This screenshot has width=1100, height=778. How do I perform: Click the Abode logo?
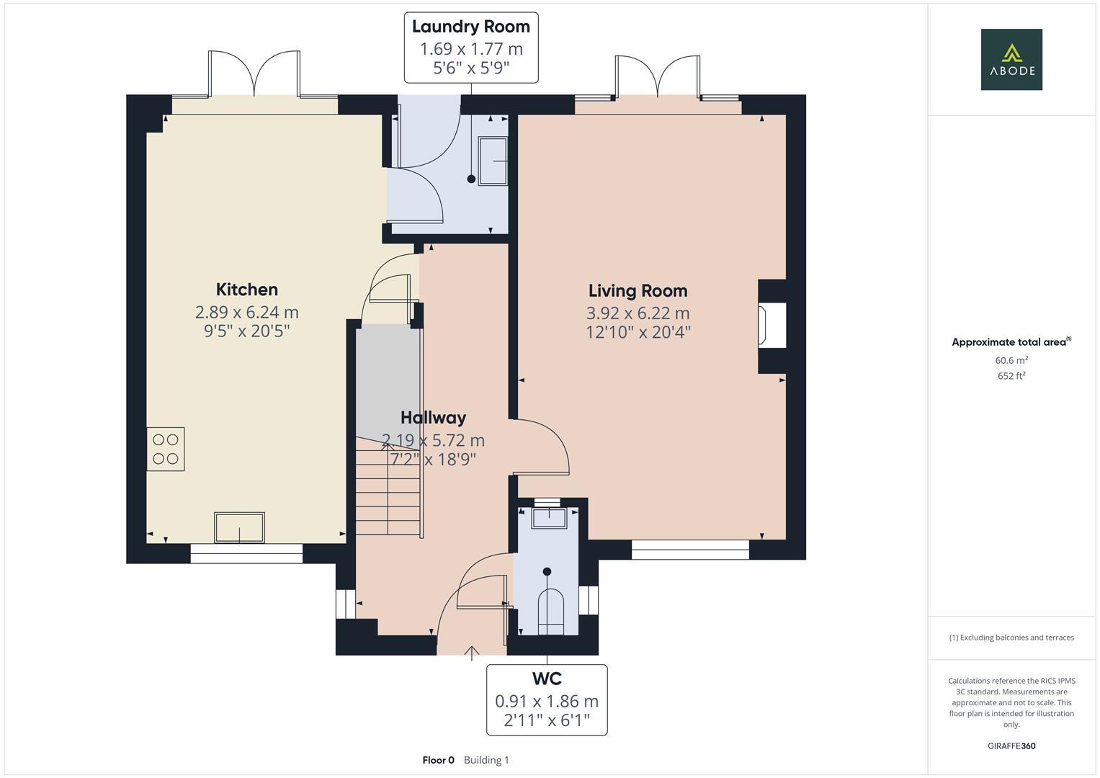point(1011,59)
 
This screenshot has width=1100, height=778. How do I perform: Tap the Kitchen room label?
point(247,290)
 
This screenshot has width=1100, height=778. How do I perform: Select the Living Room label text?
point(638,291)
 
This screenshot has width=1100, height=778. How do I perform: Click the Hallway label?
point(433,418)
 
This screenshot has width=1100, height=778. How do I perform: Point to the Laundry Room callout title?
point(471,27)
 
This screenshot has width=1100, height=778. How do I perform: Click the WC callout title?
point(547,679)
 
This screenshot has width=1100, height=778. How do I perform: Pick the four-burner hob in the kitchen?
point(166,449)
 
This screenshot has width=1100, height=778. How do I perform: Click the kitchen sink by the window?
point(239,527)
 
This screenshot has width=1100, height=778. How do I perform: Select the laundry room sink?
point(493,161)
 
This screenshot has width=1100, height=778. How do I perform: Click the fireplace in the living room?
point(772,326)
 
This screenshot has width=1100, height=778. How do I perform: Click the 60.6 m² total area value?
point(1011,360)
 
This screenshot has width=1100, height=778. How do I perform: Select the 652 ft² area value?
point(1011,376)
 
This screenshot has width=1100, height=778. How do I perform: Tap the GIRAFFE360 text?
point(1011,746)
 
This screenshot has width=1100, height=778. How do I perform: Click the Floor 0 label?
point(439,760)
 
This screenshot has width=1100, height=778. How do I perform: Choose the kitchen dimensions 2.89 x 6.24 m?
point(247,312)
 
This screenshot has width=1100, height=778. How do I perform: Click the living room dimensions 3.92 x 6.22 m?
point(638,313)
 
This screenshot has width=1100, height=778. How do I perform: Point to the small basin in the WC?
point(549,518)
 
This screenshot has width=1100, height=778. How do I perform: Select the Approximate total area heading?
point(1011,342)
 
